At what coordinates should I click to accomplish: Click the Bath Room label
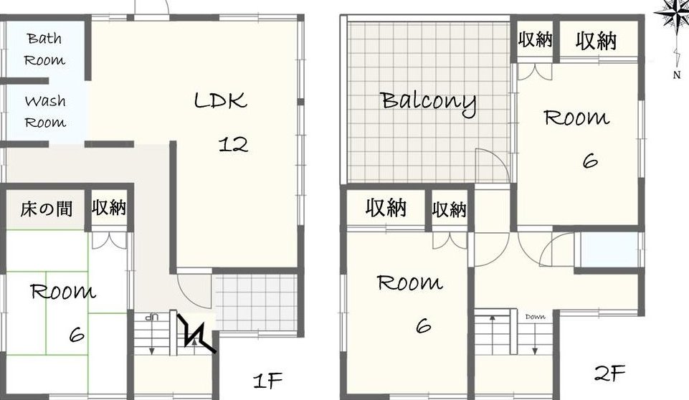(x=44, y=49)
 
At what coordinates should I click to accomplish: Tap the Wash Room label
(x=45, y=111)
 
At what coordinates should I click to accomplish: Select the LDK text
(x=220, y=100)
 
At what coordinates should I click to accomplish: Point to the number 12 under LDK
(x=233, y=145)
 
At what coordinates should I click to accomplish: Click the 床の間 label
(x=46, y=209)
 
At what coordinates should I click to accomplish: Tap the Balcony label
(x=428, y=102)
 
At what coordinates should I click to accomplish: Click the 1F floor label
(x=267, y=380)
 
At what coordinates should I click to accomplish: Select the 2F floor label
(x=609, y=373)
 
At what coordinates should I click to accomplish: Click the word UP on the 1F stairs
(x=151, y=316)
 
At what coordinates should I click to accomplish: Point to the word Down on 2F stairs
(x=535, y=316)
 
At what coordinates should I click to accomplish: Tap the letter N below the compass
(x=677, y=75)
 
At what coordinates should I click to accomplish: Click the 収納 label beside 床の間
(x=109, y=207)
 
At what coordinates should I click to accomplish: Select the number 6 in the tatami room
(x=77, y=335)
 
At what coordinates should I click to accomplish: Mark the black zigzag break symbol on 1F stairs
(x=196, y=333)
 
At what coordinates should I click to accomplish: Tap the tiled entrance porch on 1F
(x=257, y=303)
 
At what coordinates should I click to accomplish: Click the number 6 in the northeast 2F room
(x=590, y=161)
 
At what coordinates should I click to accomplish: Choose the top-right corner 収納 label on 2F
(x=597, y=41)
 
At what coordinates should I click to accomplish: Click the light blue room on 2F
(x=609, y=249)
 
